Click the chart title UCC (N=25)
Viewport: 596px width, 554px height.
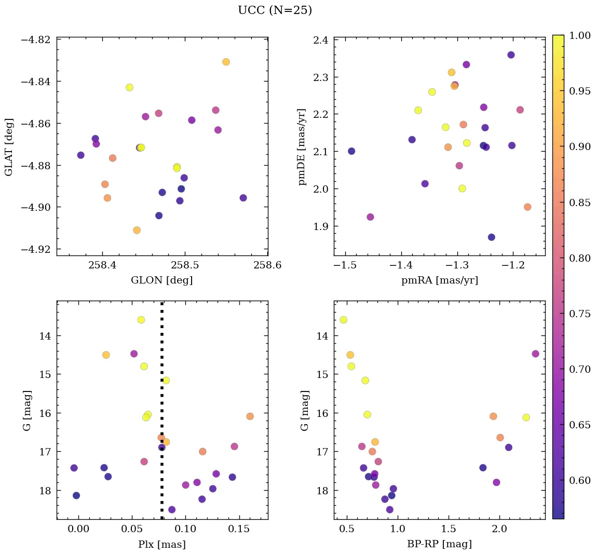(x=275, y=10)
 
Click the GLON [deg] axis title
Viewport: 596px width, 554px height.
(x=162, y=280)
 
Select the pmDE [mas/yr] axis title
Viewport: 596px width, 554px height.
(x=302, y=146)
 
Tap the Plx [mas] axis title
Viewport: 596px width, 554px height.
(x=162, y=544)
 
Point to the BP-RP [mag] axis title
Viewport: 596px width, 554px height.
(x=439, y=544)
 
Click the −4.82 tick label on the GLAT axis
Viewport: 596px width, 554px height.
(x=36, y=40)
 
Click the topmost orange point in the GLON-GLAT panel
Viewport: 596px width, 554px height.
(x=226, y=62)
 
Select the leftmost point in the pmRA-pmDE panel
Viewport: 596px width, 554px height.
(x=351, y=151)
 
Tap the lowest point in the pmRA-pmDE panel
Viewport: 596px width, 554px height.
(x=491, y=237)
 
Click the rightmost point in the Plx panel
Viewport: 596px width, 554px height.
(x=250, y=416)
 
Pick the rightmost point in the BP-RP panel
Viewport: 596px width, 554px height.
(x=535, y=354)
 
